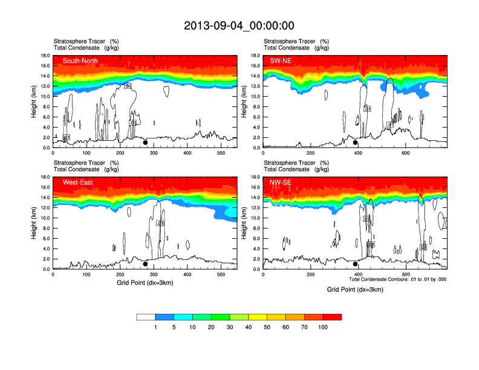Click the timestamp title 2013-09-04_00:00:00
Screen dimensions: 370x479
pyautogui.click(x=239, y=25)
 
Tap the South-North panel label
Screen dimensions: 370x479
pyautogui.click(x=80, y=60)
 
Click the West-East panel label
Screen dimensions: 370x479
pyautogui.click(x=77, y=182)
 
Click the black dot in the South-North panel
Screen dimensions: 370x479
pyautogui.click(x=145, y=143)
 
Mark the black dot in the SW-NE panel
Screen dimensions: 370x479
pyautogui.click(x=356, y=143)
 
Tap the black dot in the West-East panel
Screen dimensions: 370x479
pyautogui.click(x=145, y=264)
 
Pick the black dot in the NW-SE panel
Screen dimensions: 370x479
pyautogui.click(x=356, y=264)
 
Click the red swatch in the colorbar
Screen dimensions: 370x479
pyautogui.click(x=332, y=317)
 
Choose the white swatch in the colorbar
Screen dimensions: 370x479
pyautogui.click(x=146, y=317)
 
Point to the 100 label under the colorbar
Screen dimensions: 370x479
pyautogui.click(x=323, y=327)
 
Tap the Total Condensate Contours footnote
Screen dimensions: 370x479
pyautogui.click(x=397, y=279)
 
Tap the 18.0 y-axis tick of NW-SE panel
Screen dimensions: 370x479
pyautogui.click(x=255, y=177)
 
